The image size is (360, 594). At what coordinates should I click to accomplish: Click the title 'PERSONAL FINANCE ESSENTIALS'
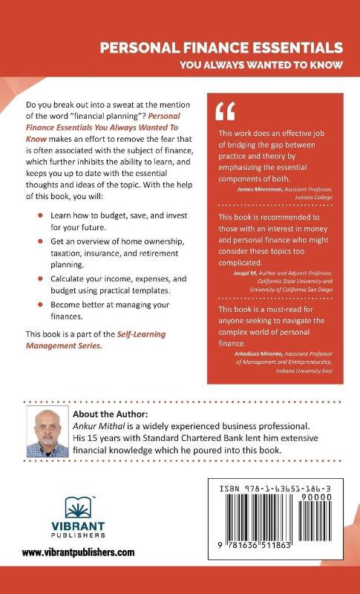pyautogui.click(x=222, y=48)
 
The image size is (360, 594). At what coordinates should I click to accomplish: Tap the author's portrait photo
pyautogui.click(x=48, y=431)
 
